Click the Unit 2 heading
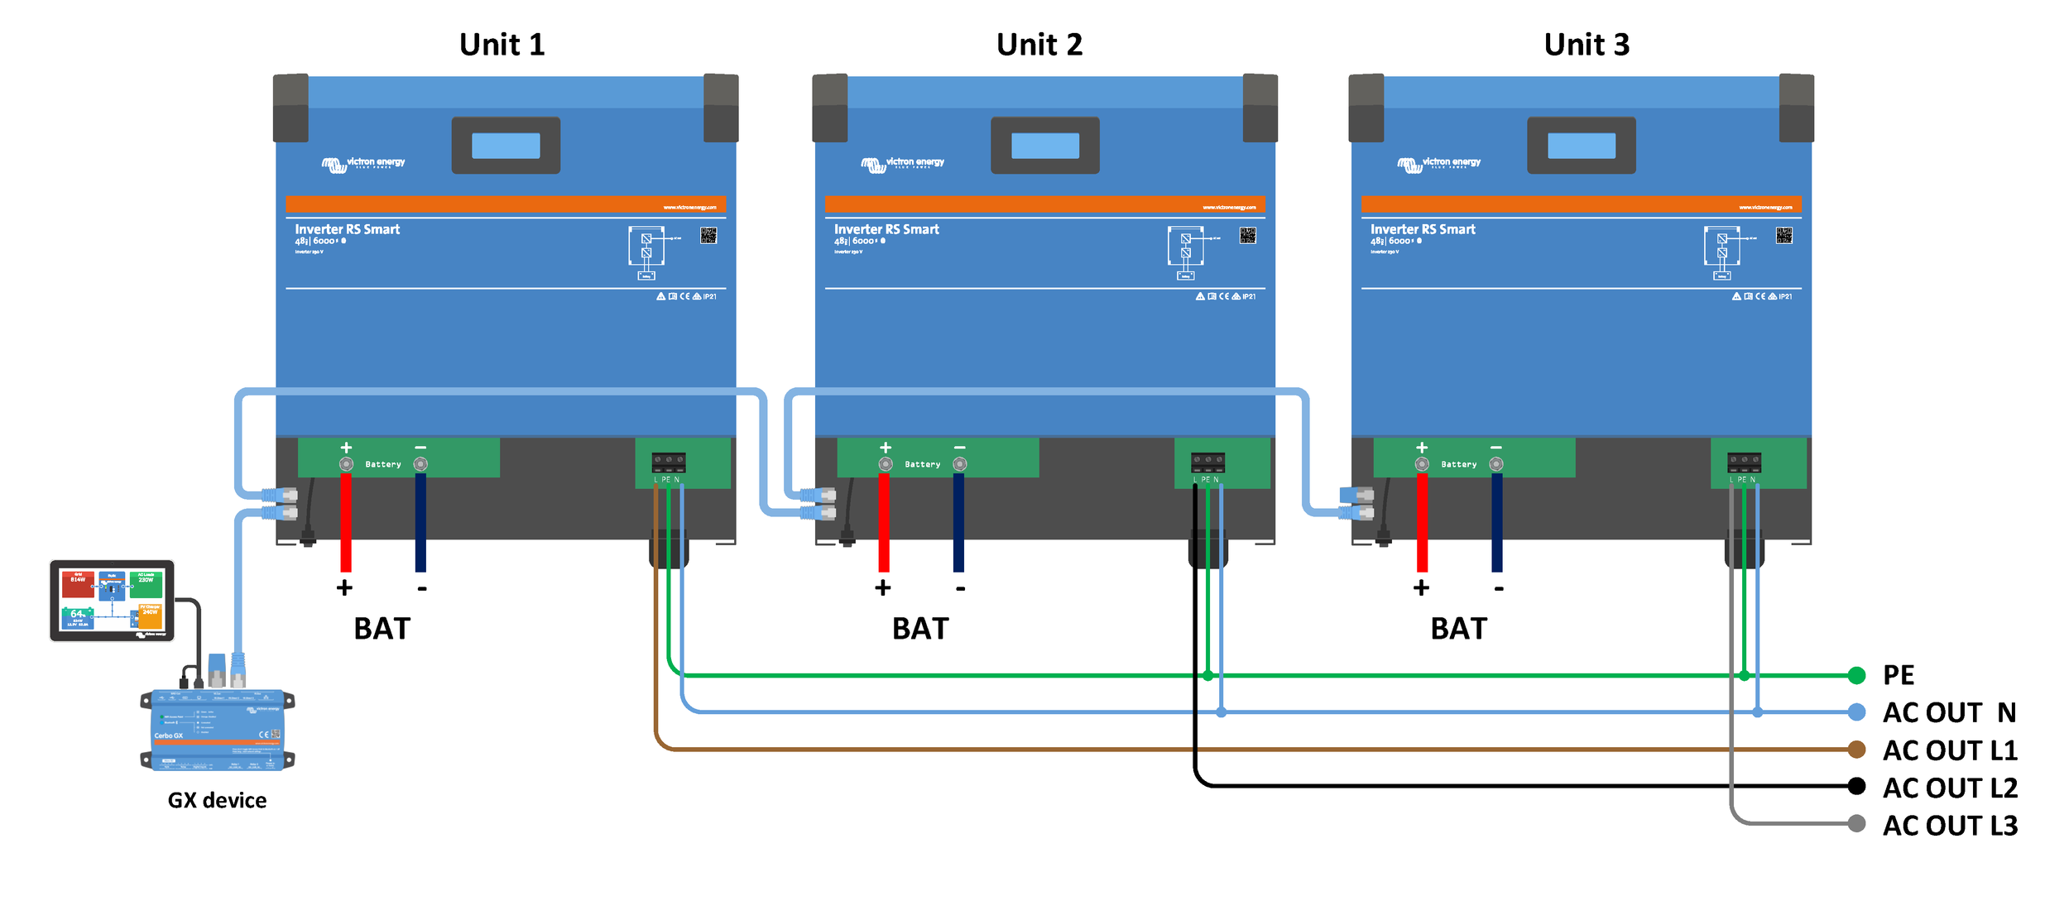(x=1039, y=45)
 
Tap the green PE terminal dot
(x=1856, y=675)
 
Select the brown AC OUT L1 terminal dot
(x=1856, y=750)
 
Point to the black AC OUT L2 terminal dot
(x=1856, y=786)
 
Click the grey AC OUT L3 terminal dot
(x=1856, y=823)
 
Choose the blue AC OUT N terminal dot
(x=1856, y=712)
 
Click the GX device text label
(x=217, y=800)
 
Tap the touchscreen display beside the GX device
(x=112, y=601)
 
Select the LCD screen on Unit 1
(x=506, y=146)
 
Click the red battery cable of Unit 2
(x=884, y=521)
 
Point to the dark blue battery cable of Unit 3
(x=1497, y=521)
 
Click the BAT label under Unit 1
(x=382, y=629)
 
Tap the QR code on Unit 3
(x=1783, y=236)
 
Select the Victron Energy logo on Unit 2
(x=902, y=164)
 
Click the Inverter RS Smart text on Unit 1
(x=347, y=229)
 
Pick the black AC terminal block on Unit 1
(x=668, y=461)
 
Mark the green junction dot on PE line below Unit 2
(x=1207, y=676)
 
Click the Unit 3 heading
(x=1587, y=45)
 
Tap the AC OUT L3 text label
(x=1950, y=826)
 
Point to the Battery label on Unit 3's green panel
(x=1458, y=465)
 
